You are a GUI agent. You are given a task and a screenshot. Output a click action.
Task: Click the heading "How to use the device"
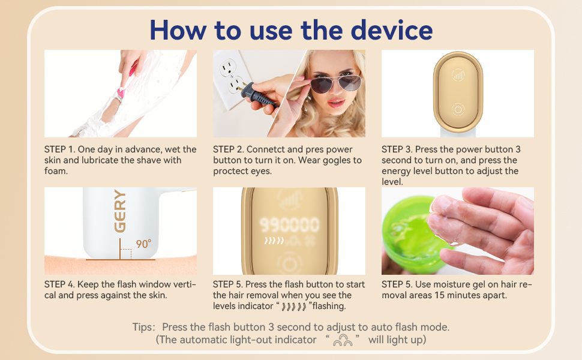pos(291,29)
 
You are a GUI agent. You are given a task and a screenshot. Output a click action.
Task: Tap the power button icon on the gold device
pos(458,109)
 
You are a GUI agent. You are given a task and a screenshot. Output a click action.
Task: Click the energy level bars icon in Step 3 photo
pos(458,76)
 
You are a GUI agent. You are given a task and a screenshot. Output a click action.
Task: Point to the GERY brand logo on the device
pos(120,211)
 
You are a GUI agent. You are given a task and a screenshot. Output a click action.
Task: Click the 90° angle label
pos(143,244)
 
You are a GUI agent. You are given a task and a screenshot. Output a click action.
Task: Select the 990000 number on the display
pos(290,225)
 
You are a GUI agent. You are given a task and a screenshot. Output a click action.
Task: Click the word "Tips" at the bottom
pos(143,327)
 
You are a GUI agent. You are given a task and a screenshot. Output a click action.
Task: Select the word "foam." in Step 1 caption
pos(56,171)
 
